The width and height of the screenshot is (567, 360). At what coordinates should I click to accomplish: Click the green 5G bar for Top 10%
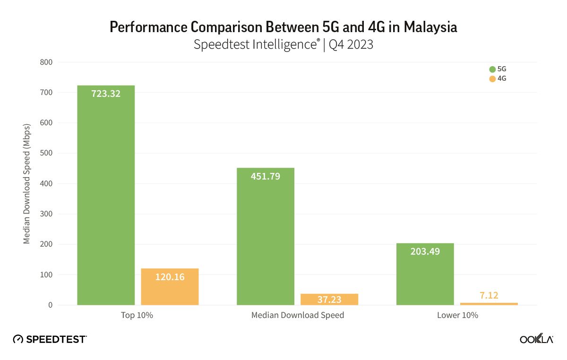(x=106, y=198)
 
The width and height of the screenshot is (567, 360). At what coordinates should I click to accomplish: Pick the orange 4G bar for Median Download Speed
(x=329, y=300)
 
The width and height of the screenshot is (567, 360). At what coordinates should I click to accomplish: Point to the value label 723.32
(x=106, y=94)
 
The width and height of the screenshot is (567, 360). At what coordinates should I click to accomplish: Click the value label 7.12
(x=489, y=295)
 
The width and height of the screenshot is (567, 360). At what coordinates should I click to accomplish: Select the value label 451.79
(x=265, y=176)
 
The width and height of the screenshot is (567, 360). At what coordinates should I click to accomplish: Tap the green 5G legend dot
(x=492, y=69)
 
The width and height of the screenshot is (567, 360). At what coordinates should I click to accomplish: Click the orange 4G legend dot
(x=492, y=79)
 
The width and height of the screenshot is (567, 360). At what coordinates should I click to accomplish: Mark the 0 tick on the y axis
(x=50, y=305)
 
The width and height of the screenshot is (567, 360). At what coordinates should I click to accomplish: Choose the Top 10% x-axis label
(x=137, y=315)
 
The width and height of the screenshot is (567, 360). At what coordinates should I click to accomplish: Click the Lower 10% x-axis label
(x=457, y=315)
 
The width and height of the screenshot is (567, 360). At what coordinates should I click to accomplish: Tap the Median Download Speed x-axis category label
(x=297, y=315)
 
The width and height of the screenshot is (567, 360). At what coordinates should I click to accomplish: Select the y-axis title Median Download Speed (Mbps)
(x=27, y=183)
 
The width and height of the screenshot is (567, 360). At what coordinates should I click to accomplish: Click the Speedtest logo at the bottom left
(x=50, y=339)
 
